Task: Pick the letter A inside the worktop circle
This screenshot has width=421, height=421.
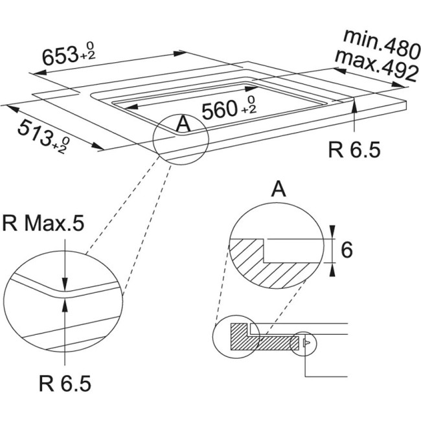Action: click(183, 123)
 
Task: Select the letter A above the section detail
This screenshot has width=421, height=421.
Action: click(278, 189)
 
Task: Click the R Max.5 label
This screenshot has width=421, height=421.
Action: click(43, 223)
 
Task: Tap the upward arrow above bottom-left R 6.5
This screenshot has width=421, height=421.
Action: click(65, 304)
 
